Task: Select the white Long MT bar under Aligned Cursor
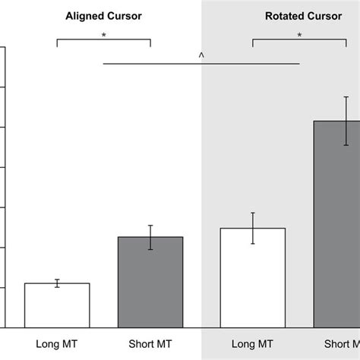tap(57, 305)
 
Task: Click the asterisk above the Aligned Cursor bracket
tap(104, 34)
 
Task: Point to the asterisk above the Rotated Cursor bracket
tap(299, 34)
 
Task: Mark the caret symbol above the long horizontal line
tap(201, 55)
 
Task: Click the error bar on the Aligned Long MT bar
tap(57, 283)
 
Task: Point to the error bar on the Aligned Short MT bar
tap(150, 237)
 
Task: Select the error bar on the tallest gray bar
tap(346, 121)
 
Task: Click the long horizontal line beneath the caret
tap(201, 63)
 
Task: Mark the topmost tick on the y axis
tap(3, 47)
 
